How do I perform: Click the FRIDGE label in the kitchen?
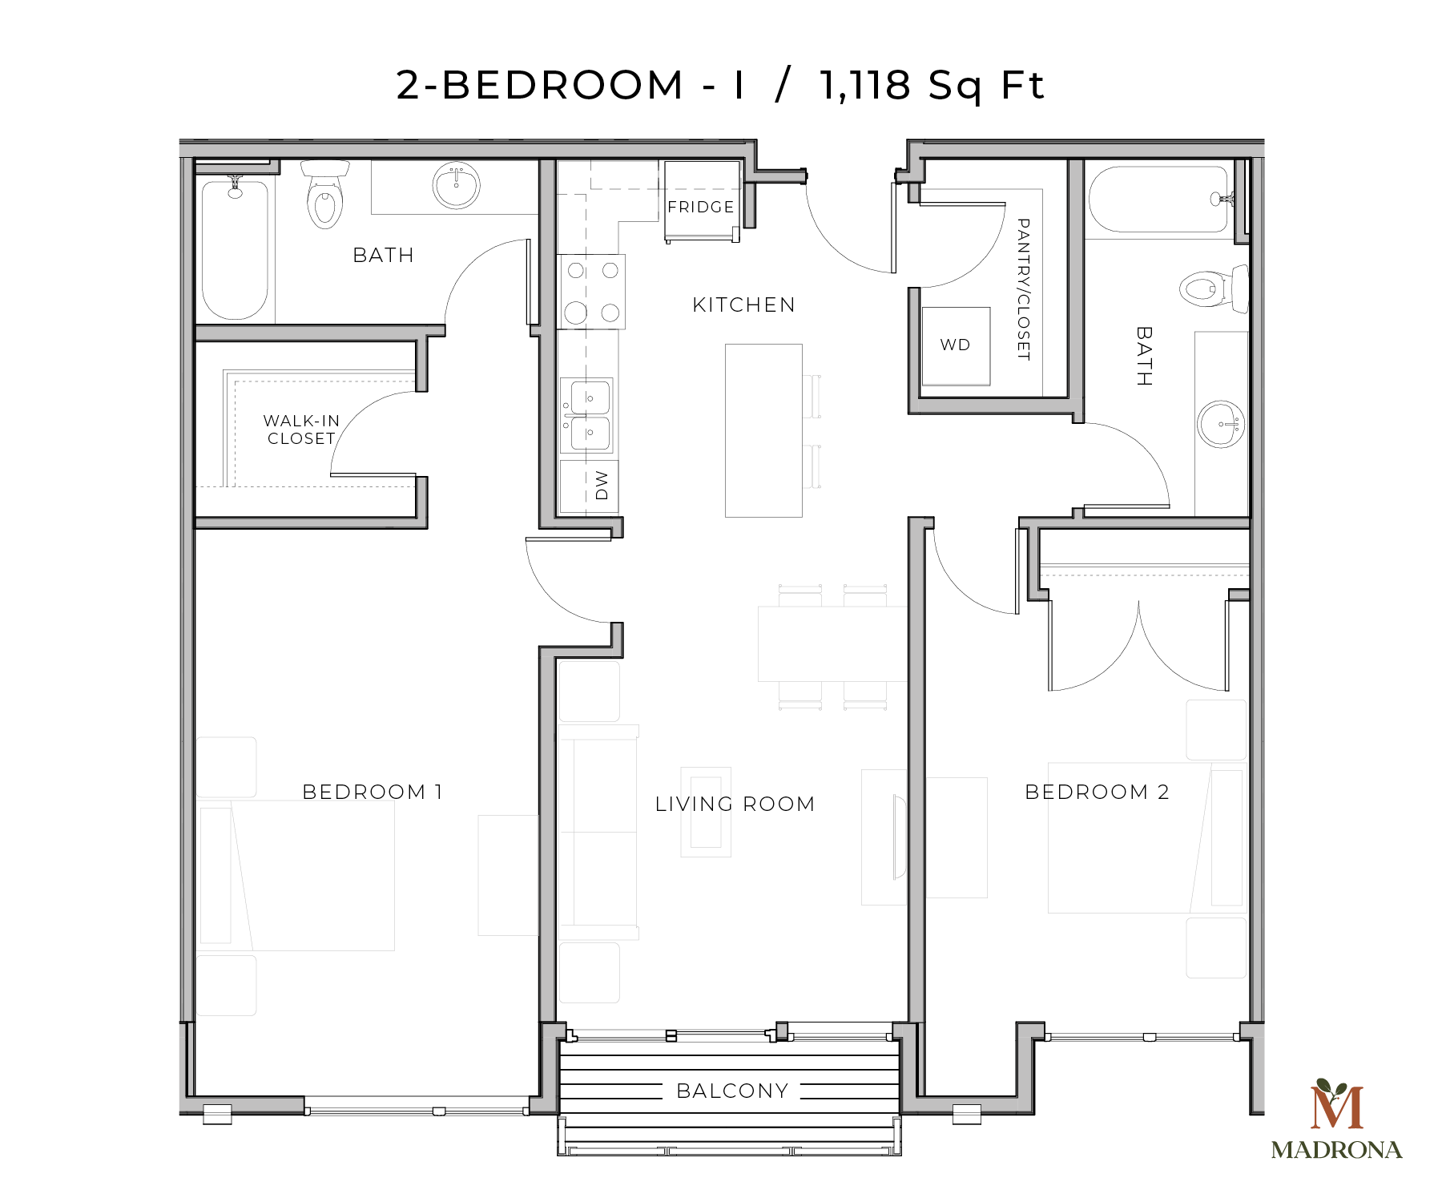(701, 207)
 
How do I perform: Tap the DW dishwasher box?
(590, 486)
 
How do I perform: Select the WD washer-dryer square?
(955, 345)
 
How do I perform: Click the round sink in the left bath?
(456, 185)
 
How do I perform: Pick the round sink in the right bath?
(1221, 423)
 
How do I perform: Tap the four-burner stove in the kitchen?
(591, 292)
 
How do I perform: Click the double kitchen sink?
(587, 415)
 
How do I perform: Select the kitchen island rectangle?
(763, 430)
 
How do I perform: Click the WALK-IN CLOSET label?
(301, 430)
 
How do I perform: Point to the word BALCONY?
(732, 1091)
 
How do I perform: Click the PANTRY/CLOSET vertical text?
(1023, 288)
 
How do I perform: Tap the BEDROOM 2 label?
(1097, 792)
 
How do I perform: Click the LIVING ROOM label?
(735, 804)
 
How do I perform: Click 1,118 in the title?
(865, 85)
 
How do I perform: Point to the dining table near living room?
(832, 643)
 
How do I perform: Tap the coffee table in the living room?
(706, 812)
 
